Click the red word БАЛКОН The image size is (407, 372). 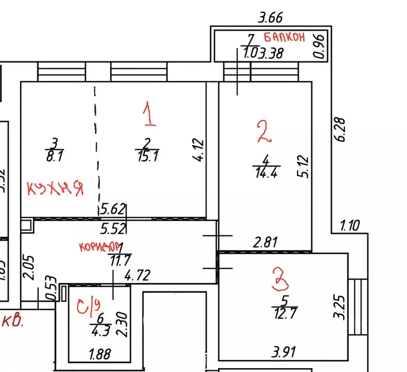(284, 37)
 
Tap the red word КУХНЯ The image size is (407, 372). (55, 187)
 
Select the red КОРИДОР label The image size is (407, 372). (99, 246)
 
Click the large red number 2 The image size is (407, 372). (264, 132)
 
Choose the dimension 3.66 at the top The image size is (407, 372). (270, 18)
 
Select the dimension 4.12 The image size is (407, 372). (199, 151)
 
